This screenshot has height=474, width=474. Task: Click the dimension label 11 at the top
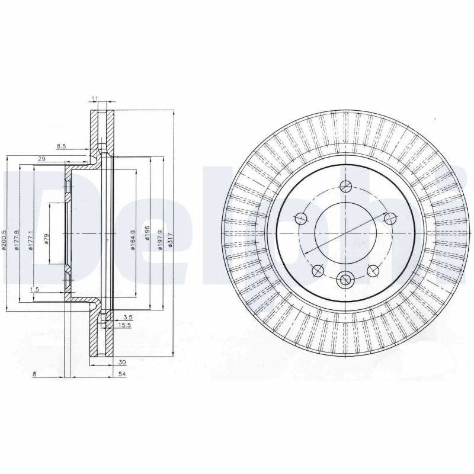point(95,98)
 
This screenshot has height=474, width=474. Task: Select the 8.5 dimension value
point(61,146)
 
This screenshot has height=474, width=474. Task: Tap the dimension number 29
point(41,159)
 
